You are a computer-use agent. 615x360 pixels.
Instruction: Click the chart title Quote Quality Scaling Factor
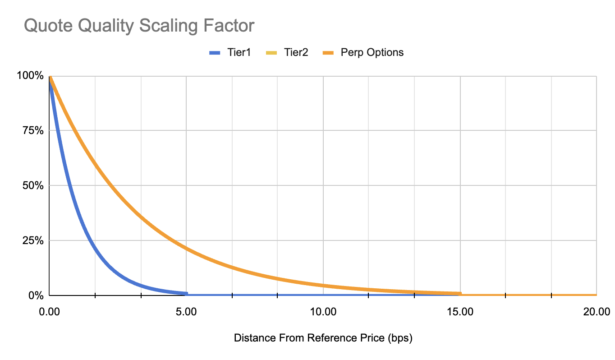(x=139, y=26)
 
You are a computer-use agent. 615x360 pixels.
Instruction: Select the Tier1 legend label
(x=237, y=52)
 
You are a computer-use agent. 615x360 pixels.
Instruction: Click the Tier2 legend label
(x=296, y=52)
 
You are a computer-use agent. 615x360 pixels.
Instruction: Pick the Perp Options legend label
(x=372, y=52)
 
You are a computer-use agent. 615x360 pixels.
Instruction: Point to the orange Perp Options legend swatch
(x=330, y=53)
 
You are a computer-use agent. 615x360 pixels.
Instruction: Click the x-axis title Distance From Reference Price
(x=323, y=338)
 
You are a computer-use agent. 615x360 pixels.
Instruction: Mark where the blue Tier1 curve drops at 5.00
(x=187, y=294)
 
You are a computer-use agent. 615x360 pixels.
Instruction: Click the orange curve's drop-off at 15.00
(x=460, y=294)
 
